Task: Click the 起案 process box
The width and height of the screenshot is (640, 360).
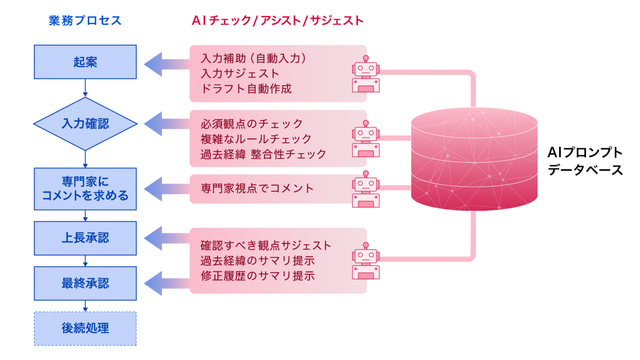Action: [85, 62]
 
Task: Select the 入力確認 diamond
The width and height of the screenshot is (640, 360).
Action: [85, 124]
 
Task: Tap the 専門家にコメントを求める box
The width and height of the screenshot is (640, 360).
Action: [85, 189]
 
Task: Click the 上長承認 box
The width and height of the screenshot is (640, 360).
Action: [85, 238]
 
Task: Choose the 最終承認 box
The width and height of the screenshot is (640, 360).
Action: [85, 284]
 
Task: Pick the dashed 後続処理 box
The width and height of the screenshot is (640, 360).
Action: [85, 328]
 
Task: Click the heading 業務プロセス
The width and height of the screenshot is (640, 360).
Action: [85, 21]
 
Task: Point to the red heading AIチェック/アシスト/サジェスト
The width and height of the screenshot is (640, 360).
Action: [278, 21]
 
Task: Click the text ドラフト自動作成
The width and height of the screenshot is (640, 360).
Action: [247, 89]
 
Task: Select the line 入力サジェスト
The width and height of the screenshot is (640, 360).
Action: [240, 74]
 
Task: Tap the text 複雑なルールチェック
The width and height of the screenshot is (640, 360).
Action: [256, 139]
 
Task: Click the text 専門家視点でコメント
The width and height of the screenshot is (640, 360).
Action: [257, 188]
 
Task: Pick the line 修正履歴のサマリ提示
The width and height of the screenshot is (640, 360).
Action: [258, 276]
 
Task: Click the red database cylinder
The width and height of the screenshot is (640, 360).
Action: [474, 160]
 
